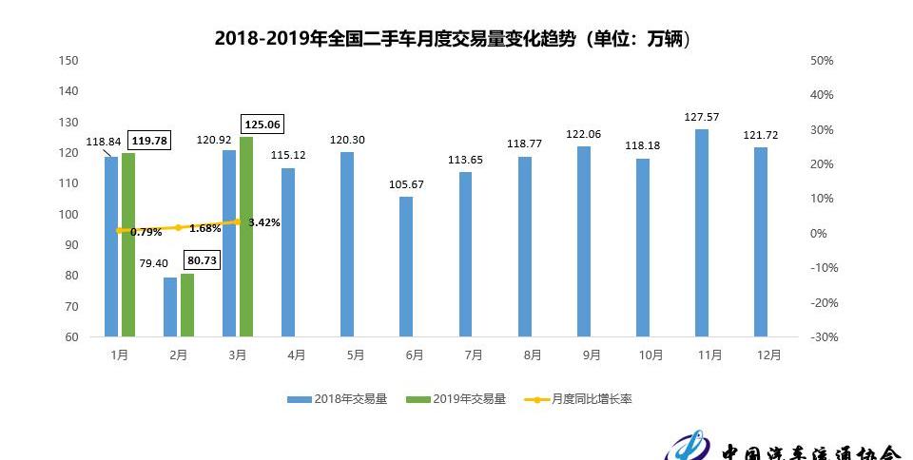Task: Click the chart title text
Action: [x=452, y=38]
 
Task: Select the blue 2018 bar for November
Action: [x=701, y=233]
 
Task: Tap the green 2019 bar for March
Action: [x=246, y=237]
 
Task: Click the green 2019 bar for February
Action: [x=187, y=305]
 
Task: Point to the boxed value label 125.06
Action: [x=263, y=124]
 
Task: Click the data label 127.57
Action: [x=702, y=117]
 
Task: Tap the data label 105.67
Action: [x=406, y=184]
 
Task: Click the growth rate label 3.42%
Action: [x=264, y=222]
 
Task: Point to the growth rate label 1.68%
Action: [x=205, y=229]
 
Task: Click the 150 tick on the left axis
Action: [x=68, y=61]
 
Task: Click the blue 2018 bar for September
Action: [x=583, y=241]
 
